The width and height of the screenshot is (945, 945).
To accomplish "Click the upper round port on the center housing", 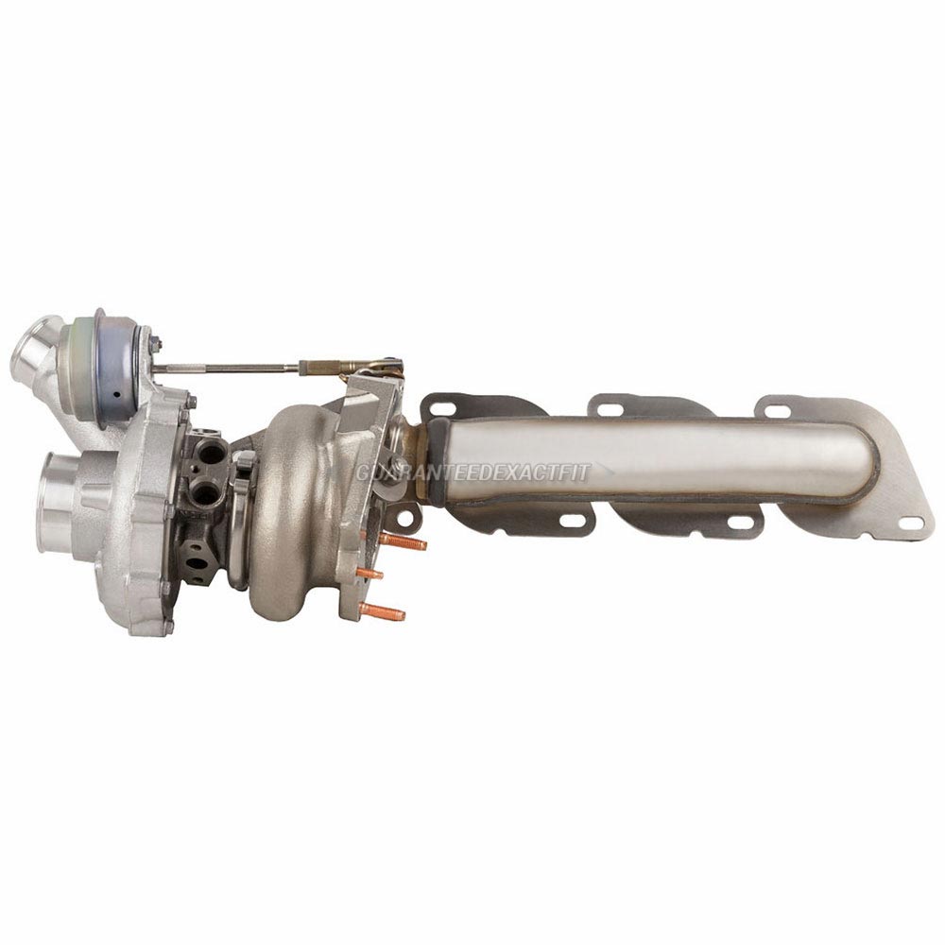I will click(210, 454).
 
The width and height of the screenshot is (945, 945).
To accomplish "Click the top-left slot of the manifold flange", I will click(439, 409).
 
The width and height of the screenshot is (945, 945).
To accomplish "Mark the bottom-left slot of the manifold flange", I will click(573, 521).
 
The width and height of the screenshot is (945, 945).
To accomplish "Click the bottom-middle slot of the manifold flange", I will click(741, 522).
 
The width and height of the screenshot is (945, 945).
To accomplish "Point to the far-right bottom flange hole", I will click(911, 523).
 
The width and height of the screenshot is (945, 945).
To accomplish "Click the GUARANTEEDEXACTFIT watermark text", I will click(472, 472).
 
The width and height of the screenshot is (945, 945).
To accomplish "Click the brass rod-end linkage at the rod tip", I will click(354, 365).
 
